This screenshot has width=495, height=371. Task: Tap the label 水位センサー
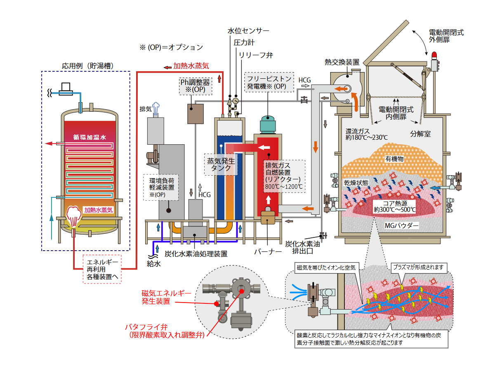pyautogui.click(x=248, y=31)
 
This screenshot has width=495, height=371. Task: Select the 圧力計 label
pyautogui.click(x=244, y=42)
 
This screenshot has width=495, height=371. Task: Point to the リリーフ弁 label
pyautogui.click(x=256, y=55)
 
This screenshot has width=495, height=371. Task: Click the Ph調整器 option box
pyautogui.click(x=195, y=86)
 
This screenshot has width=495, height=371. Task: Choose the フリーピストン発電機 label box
pyautogui.click(x=269, y=82)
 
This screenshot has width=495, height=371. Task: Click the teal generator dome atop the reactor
pyautogui.click(x=267, y=124)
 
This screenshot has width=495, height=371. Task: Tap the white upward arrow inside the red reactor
pyautogui.click(x=268, y=200)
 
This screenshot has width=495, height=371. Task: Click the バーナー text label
pyautogui.click(x=268, y=251)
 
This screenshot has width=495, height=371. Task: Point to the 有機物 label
pyautogui.click(x=394, y=159)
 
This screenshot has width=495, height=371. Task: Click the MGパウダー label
pyautogui.click(x=401, y=225)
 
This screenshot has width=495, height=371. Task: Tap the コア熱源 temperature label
pyautogui.click(x=395, y=207)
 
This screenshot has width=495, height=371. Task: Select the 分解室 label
pyautogui.click(x=420, y=134)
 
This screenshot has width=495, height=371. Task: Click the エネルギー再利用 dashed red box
pyautogui.click(x=102, y=269)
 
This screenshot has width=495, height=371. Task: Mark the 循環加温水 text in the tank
pyautogui.click(x=90, y=137)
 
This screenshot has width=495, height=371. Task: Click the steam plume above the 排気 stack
pyautogui.click(x=156, y=108)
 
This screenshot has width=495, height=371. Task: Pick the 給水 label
pyautogui.click(x=153, y=264)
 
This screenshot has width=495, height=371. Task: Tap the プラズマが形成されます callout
pyautogui.click(x=419, y=268)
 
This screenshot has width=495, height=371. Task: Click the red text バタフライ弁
pyautogui.click(x=146, y=327)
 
